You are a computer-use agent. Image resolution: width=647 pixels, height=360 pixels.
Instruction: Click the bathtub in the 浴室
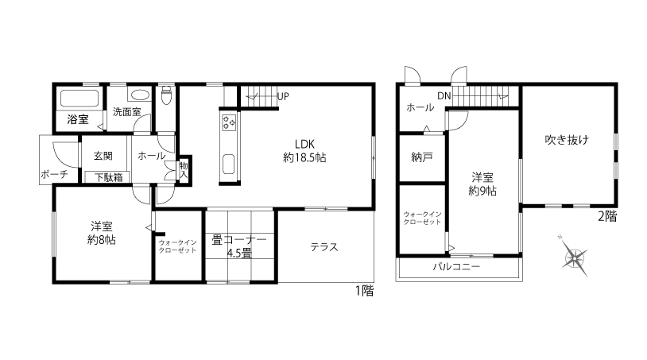coord(79,98)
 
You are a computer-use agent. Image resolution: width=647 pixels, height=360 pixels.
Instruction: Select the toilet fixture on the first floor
coord(166,95)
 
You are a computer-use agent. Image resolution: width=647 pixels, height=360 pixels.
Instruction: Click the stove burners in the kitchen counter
coord(229,122)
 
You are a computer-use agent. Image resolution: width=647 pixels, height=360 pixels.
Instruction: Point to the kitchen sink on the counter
coord(229,165)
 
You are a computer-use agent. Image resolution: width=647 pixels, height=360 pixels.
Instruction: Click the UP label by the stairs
coord(283,96)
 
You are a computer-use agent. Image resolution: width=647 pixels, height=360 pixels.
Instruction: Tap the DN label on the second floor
coord(444,96)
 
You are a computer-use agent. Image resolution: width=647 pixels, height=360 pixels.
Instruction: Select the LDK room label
coord(305,144)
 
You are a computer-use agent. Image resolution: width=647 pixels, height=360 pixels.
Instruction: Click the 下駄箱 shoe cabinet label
coord(109,177)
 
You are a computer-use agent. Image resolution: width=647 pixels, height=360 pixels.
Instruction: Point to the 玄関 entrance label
coord(103,156)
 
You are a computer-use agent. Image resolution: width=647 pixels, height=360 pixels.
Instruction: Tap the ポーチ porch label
coord(54,174)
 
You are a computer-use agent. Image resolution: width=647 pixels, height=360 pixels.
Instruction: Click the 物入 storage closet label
coord(184,170)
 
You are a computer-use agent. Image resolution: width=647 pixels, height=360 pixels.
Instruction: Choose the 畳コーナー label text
coord(239,239)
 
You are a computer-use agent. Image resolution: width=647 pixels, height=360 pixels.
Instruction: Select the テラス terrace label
coord(324,247)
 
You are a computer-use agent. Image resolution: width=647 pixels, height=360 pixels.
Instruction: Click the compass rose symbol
coord(574,257)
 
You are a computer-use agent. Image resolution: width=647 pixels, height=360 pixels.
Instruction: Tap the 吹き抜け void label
coord(567,140)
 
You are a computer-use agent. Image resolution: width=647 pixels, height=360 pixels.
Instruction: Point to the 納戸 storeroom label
coord(422,157)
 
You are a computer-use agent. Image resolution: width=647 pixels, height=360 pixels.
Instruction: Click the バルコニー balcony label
coord(456,266)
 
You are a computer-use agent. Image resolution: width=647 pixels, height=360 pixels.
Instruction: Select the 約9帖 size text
coord(482,191)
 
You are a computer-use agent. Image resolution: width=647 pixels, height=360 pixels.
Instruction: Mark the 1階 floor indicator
coord(365,291)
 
